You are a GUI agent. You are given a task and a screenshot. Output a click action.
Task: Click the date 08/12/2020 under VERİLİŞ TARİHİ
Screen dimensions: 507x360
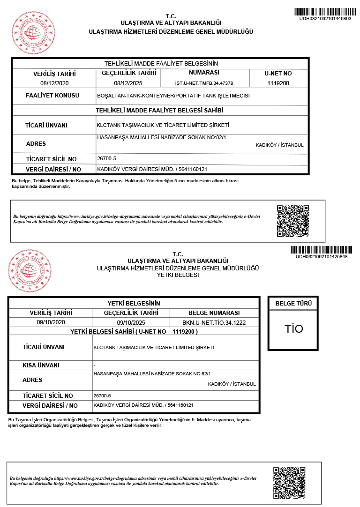pyautogui.click(x=54, y=83)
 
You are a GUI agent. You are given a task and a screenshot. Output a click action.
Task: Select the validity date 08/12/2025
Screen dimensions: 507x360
pyautogui.click(x=128, y=83)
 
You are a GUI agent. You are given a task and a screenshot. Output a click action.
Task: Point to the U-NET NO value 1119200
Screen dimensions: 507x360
pyautogui.click(x=278, y=83)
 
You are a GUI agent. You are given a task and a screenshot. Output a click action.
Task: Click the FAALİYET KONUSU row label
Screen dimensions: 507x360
pyautogui.click(x=52, y=96)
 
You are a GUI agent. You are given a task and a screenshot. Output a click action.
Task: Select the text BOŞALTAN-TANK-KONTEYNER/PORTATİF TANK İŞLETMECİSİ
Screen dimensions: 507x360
pyautogui.click(x=172, y=96)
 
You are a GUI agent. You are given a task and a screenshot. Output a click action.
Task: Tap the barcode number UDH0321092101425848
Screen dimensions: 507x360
pyautogui.click(x=322, y=256)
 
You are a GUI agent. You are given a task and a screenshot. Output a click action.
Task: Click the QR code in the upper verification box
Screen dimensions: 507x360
pyautogui.click(x=293, y=221)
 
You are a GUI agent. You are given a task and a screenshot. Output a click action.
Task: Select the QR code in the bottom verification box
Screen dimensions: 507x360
pyautogui.click(x=289, y=482)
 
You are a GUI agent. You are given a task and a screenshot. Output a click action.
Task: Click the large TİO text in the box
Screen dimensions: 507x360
pyautogui.click(x=294, y=328)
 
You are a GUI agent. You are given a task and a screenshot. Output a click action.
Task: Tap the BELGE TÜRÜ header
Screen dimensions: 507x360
pyautogui.click(x=293, y=304)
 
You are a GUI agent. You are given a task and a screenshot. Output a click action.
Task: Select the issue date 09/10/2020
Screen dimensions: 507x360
pyautogui.click(x=50, y=322)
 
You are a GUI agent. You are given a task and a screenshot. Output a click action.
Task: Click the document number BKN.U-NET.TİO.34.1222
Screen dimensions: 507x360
pyautogui.click(x=214, y=322)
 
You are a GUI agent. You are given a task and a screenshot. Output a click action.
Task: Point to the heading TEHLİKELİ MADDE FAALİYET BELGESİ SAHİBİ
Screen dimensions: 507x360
pyautogui.click(x=159, y=110)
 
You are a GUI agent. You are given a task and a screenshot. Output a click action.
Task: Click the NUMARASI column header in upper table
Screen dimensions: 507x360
pyautogui.click(x=204, y=73)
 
